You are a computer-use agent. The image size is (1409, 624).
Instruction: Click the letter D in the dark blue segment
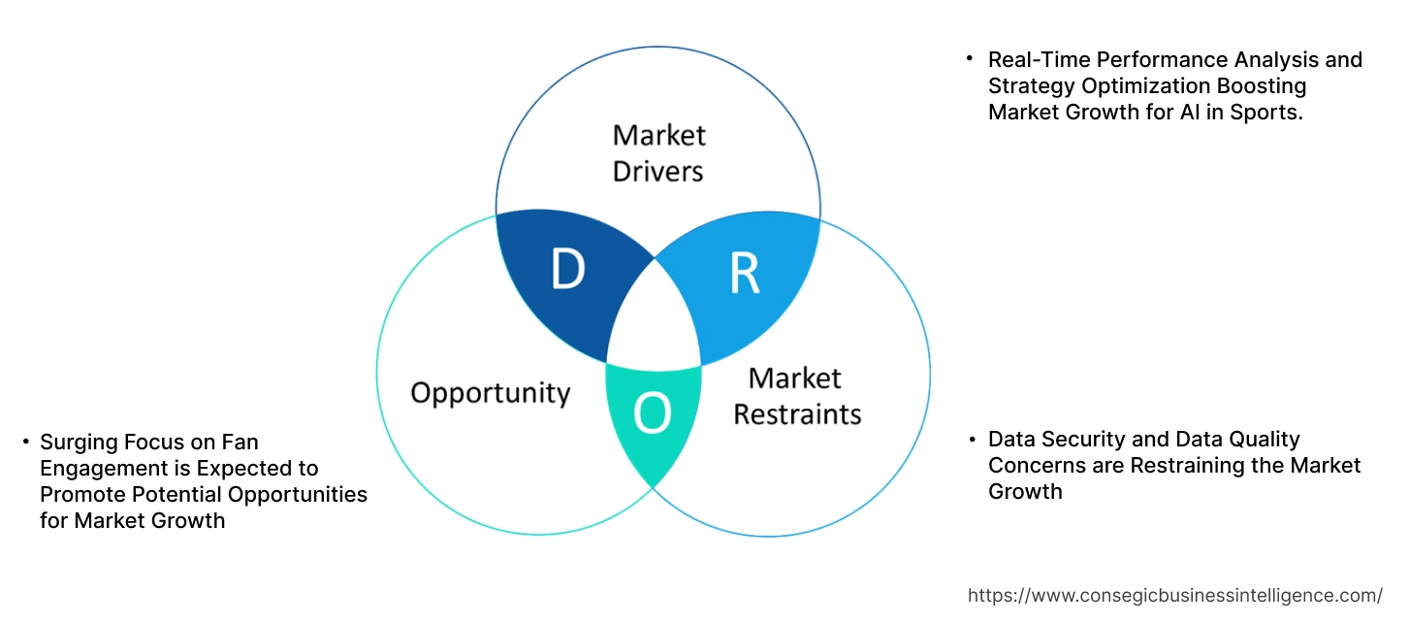(567, 270)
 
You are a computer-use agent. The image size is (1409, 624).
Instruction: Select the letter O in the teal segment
(652, 415)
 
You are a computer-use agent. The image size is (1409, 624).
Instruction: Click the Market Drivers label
(659, 152)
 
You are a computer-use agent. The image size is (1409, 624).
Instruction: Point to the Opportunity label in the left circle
(490, 393)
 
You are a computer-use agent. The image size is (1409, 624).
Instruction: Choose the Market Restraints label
(796, 396)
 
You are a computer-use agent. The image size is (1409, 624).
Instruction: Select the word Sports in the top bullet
(1269, 112)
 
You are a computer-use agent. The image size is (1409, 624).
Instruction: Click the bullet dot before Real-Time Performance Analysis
(970, 59)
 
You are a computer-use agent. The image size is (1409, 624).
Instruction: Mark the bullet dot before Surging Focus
(26, 443)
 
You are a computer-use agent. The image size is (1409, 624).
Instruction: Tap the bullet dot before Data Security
(972, 440)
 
